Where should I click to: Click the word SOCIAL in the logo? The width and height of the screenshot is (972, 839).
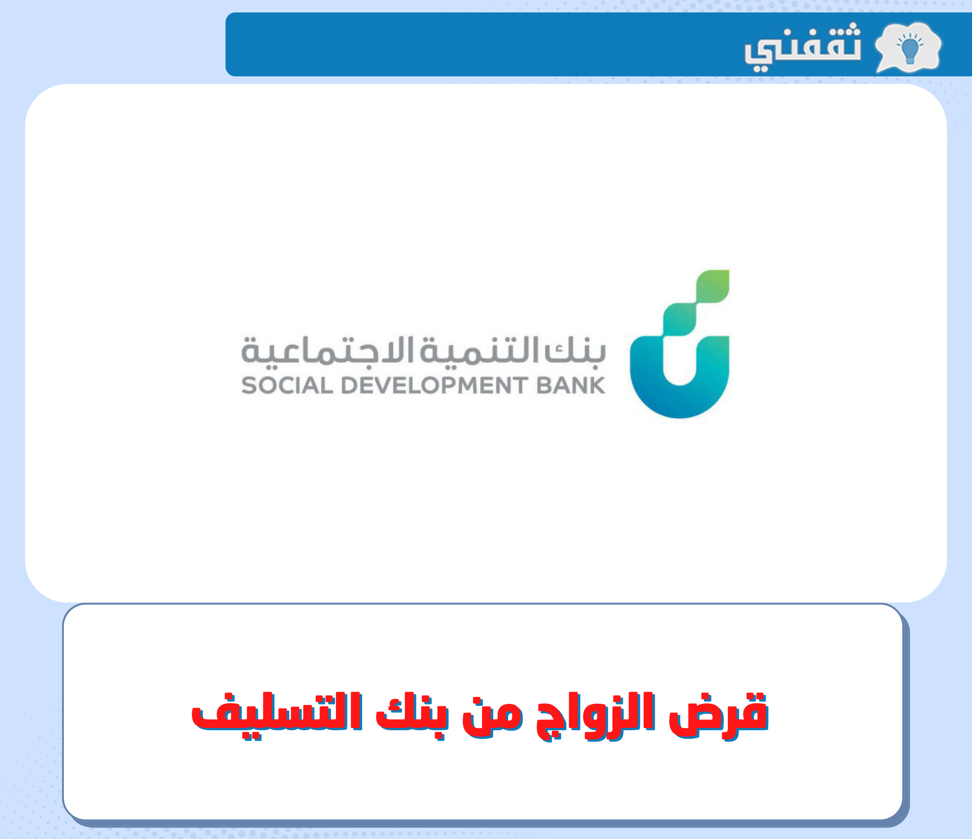[x=287, y=385]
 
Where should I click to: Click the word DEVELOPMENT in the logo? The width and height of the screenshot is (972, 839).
[x=434, y=385]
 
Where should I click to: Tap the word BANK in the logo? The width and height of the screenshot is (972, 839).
[x=570, y=385]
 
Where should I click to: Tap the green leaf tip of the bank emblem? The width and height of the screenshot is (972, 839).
[x=713, y=286]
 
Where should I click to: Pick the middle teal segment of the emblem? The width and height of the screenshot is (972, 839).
[x=680, y=319]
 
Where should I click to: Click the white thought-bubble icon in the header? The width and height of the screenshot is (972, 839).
[x=908, y=47]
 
